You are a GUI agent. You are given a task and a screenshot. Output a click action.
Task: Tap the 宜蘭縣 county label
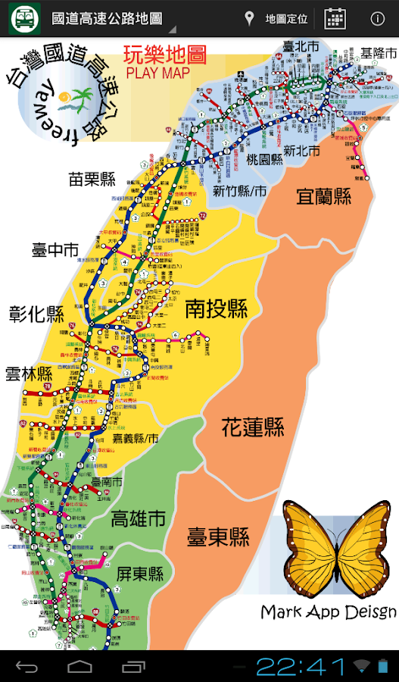[x=323, y=197]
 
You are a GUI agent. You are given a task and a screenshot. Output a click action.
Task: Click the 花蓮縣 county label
[x=253, y=427]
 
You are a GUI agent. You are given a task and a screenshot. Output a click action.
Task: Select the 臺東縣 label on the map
[x=218, y=538]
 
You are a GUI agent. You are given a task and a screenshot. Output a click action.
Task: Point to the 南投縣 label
[x=217, y=308]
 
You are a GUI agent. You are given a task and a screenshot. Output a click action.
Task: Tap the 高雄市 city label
[x=138, y=519]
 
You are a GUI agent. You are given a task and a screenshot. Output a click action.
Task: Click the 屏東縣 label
[x=140, y=574]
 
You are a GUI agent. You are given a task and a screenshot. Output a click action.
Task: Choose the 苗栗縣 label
[x=92, y=180]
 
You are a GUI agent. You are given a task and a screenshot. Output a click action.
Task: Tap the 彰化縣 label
[x=37, y=314]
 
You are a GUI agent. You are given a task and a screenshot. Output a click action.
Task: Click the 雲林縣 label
[x=29, y=374]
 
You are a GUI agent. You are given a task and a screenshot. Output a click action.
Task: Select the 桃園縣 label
[x=264, y=159]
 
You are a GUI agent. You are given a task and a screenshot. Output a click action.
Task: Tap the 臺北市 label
[x=300, y=47]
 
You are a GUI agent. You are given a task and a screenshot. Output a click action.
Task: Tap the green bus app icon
[x=24, y=18]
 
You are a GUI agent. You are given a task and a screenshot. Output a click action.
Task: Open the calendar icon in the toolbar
[x=335, y=19]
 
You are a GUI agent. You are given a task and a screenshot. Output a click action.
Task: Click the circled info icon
[x=376, y=19]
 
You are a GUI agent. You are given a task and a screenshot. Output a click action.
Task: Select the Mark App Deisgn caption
[x=328, y=612]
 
